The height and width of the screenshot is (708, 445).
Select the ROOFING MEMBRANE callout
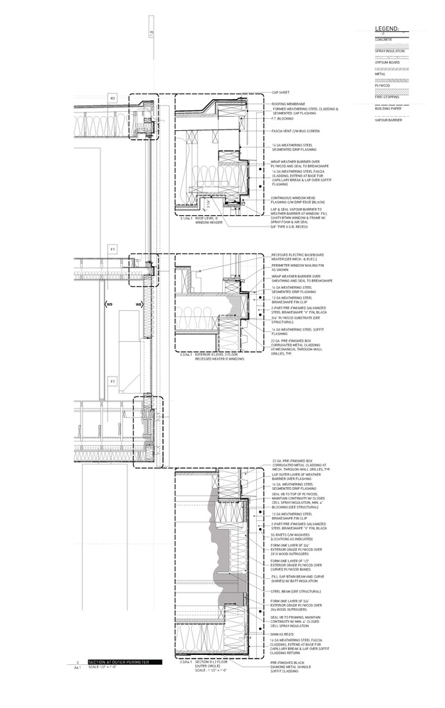coord(287,103)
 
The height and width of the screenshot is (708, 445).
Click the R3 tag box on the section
coord(112,97)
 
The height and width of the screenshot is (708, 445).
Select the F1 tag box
coord(112,249)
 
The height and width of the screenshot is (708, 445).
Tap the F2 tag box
coord(112,382)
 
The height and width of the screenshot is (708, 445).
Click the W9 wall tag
coord(108,305)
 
